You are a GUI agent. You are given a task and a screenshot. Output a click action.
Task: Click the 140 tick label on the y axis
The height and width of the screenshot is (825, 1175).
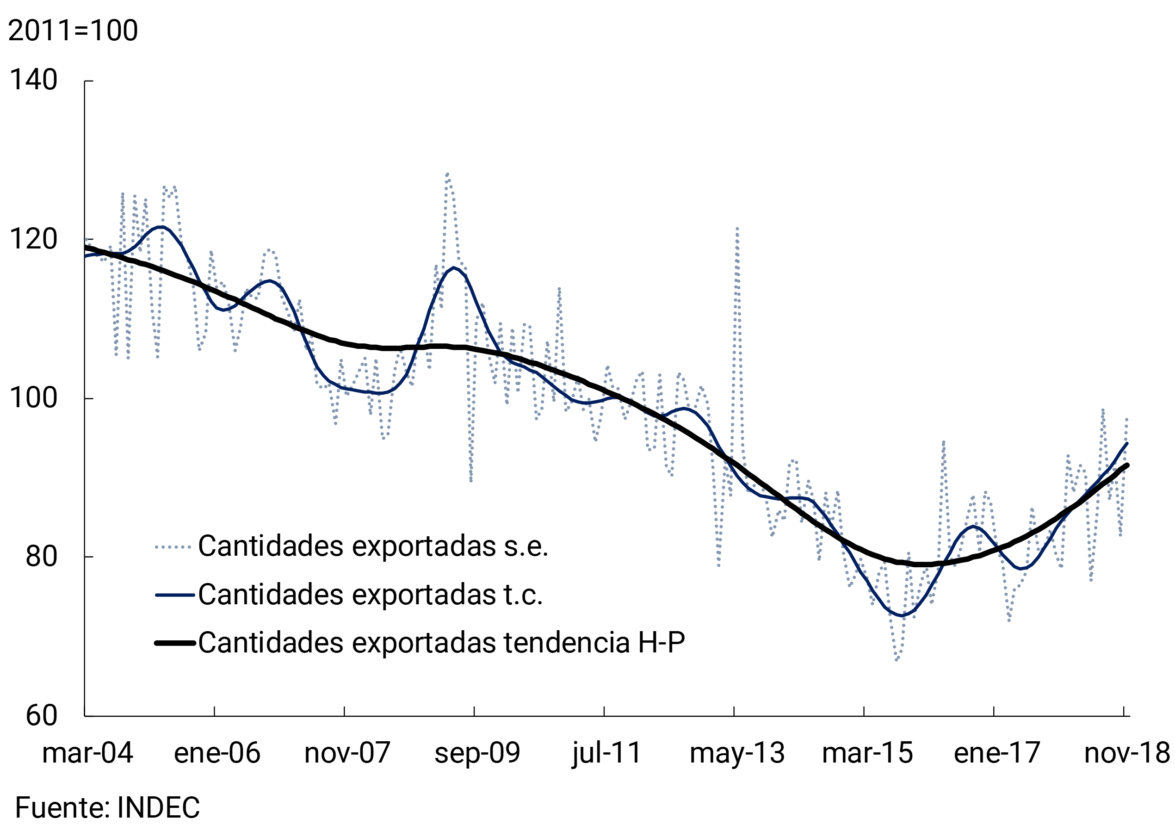click(x=33, y=81)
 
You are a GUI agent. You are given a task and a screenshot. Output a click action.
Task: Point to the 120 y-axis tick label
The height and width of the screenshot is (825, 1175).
click(x=33, y=239)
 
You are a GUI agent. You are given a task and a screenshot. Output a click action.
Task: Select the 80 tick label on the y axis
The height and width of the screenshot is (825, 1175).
click(x=42, y=556)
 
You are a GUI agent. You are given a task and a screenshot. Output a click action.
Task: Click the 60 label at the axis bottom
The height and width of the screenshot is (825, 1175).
click(x=42, y=715)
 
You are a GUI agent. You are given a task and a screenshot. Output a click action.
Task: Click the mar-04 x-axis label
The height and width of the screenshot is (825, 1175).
click(x=87, y=753)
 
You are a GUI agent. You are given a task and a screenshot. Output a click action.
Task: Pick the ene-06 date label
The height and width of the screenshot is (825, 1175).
click(x=217, y=753)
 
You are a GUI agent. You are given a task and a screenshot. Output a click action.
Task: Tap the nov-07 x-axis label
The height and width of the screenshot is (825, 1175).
click(x=347, y=753)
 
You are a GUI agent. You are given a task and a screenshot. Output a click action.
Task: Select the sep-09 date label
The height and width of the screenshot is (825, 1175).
click(x=477, y=753)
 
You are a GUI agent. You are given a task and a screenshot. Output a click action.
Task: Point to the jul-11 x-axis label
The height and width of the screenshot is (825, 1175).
click(x=606, y=753)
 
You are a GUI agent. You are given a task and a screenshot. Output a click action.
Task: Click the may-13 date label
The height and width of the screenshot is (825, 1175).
click(x=737, y=753)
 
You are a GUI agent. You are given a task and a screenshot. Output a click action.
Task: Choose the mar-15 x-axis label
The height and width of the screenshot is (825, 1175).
click(x=867, y=753)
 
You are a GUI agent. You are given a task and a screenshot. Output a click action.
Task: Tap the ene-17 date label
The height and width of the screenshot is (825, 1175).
click(x=996, y=753)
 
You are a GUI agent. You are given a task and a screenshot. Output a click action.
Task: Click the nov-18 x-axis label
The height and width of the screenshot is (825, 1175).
click(x=1126, y=753)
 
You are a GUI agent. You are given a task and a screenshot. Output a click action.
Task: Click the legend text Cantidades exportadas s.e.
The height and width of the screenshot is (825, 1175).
click(x=372, y=546)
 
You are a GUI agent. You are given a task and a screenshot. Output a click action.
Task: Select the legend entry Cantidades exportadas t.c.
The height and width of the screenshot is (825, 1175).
click(x=370, y=595)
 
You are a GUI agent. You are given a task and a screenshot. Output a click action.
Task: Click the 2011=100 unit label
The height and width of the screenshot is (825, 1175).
click(x=73, y=30)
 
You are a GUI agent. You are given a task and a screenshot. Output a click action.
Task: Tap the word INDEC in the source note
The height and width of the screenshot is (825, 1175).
click(x=158, y=807)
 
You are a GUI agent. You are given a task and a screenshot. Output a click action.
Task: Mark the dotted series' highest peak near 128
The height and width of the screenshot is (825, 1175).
click(x=447, y=174)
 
